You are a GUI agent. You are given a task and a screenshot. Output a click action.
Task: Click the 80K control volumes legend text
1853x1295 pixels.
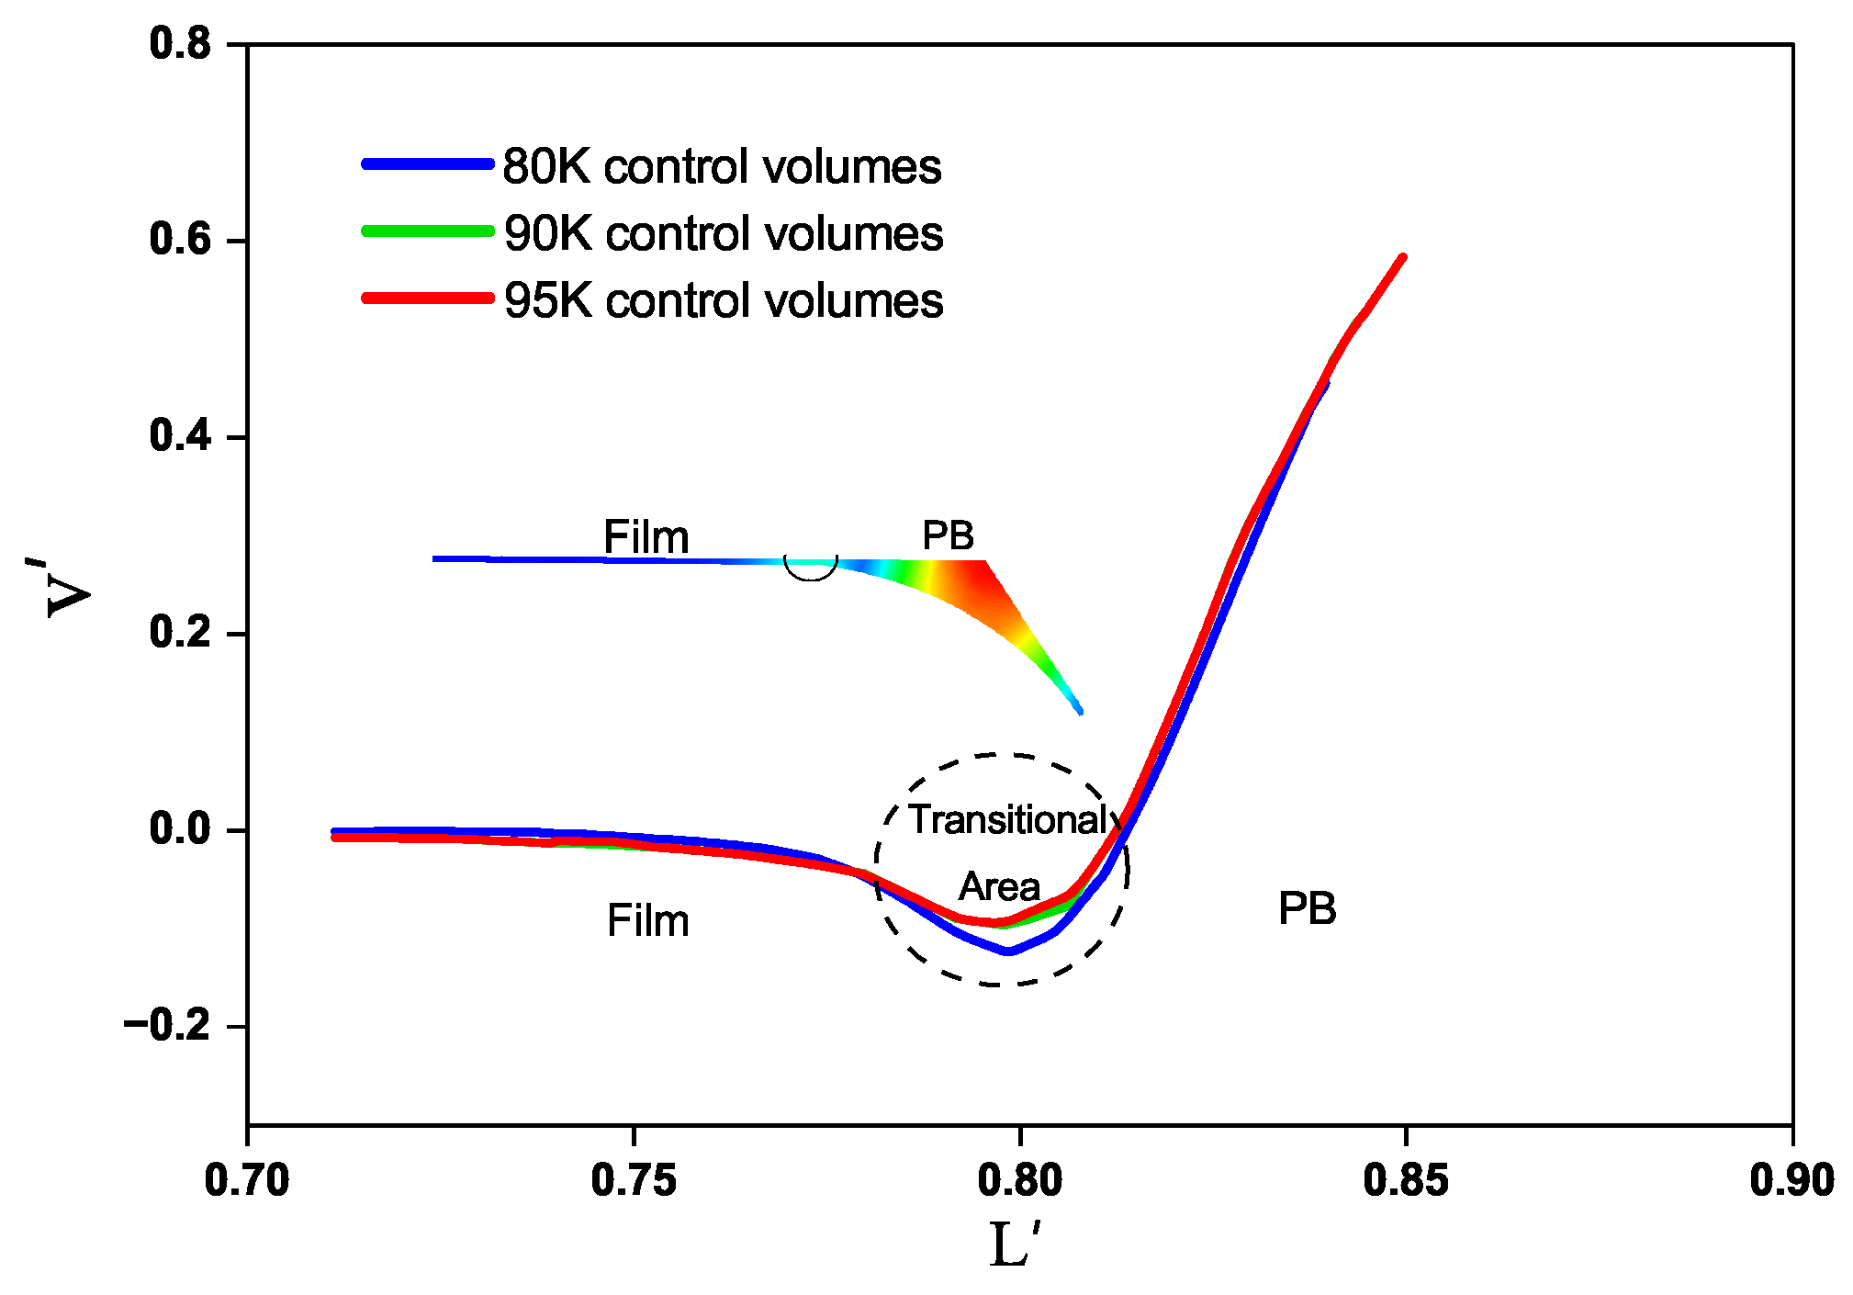[722, 167]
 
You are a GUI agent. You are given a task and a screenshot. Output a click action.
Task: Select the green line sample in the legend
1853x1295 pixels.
[428, 231]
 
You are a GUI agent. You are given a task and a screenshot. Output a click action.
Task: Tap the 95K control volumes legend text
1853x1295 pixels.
[724, 301]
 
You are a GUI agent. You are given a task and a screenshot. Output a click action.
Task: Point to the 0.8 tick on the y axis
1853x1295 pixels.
[180, 44]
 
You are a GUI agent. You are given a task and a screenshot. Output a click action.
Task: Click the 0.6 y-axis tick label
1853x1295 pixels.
[180, 240]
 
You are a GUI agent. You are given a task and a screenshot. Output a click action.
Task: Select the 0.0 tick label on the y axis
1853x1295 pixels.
[180, 829]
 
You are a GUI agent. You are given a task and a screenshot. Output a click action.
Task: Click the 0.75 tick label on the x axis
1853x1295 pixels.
[634, 1180]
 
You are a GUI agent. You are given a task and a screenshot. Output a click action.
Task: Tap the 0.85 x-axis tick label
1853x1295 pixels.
[1406, 1180]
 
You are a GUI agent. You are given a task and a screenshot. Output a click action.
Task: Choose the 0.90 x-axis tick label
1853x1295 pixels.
[1791, 1180]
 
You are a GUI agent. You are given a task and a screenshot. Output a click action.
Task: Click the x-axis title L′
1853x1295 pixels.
[1015, 1244]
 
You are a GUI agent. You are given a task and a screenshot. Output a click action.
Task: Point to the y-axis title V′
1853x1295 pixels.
[69, 588]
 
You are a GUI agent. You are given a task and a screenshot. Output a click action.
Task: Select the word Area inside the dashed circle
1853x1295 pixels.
[999, 887]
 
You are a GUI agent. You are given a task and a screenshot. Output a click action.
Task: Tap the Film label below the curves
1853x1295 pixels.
[647, 921]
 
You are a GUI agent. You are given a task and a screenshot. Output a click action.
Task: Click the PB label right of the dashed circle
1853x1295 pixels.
[1307, 909]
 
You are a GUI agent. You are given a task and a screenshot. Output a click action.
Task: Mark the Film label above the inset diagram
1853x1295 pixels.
[646, 537]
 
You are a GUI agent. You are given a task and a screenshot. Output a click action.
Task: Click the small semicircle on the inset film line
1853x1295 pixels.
[811, 569]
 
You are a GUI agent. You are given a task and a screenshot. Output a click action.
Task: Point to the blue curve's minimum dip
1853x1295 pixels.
[1009, 951]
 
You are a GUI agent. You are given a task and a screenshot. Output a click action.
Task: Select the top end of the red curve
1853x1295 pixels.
[1402, 258]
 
